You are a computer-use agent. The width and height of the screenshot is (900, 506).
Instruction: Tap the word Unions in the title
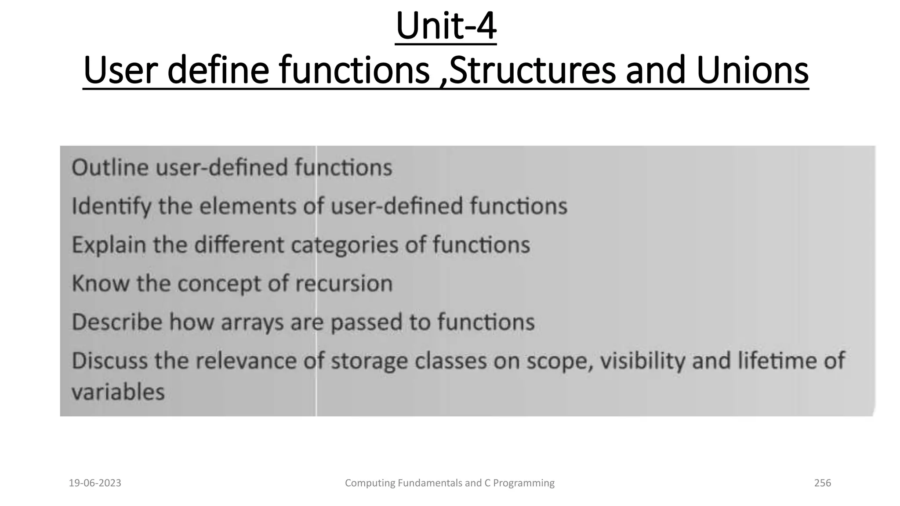click(752, 70)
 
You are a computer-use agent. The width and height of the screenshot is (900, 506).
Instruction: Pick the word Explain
click(109, 245)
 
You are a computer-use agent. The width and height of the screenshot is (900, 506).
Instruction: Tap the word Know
click(100, 283)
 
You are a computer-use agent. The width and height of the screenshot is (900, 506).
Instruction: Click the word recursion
click(344, 284)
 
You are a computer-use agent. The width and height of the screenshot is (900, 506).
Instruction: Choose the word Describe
click(117, 322)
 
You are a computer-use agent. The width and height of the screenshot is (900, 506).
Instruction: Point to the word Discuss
click(109, 361)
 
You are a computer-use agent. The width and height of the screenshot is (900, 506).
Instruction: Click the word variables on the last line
click(118, 392)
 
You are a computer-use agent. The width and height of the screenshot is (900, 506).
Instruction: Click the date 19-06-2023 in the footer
click(95, 483)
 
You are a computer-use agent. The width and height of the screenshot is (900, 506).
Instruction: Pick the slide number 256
click(823, 483)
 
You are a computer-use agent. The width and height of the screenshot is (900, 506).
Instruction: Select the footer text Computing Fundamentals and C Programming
click(450, 483)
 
